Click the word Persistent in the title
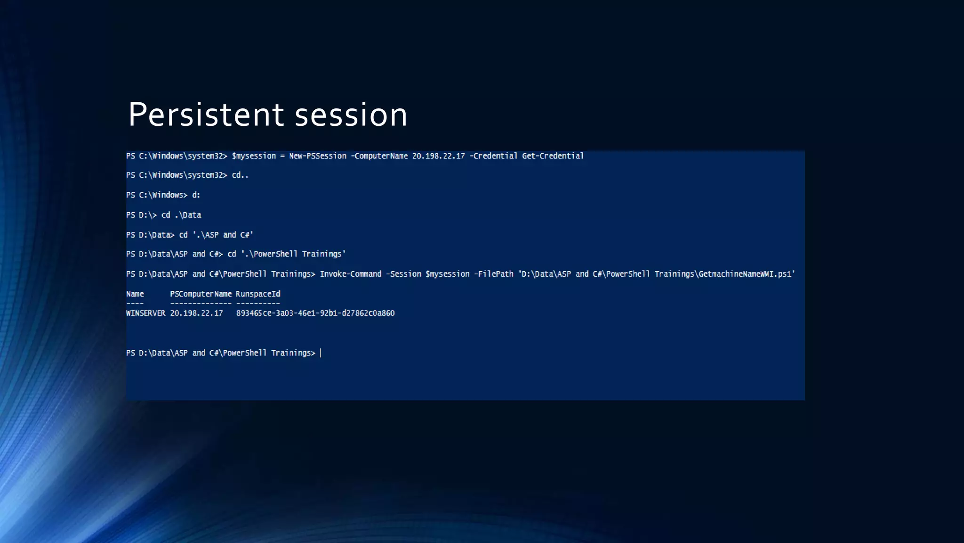tap(206, 115)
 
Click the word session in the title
tap(351, 115)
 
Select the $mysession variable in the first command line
tap(254, 156)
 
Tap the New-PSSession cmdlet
tap(318, 156)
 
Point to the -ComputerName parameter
tap(379, 156)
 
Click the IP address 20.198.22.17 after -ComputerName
tap(438, 156)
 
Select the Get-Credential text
tap(553, 156)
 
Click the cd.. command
tap(240, 175)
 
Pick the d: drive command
tap(196, 195)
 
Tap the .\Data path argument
tap(188, 215)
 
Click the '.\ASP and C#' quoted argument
tap(223, 235)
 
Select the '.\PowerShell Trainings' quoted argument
tap(293, 254)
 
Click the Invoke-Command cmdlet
tap(350, 274)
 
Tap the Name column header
tap(135, 294)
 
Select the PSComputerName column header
tap(201, 294)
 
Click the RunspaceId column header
tap(258, 294)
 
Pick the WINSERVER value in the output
tap(146, 313)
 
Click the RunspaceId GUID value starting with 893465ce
tap(315, 313)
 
